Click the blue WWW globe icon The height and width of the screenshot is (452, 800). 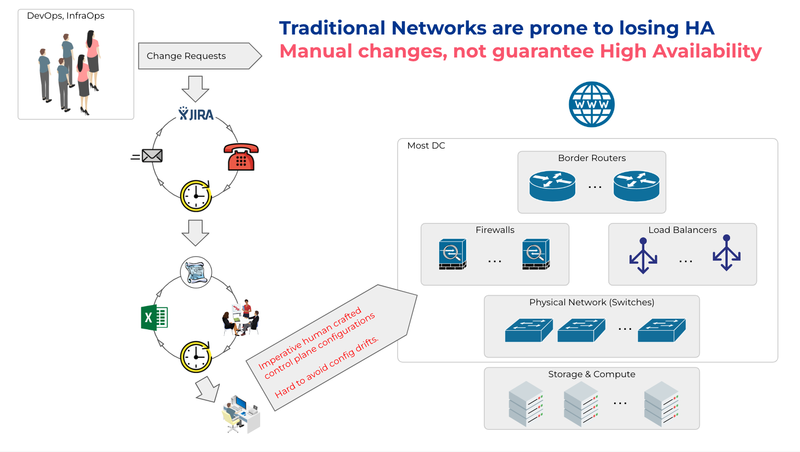pyautogui.click(x=592, y=104)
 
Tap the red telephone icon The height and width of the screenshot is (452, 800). pyautogui.click(x=241, y=157)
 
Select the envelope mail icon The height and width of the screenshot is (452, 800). pyautogui.click(x=152, y=156)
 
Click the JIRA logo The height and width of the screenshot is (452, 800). pyautogui.click(x=196, y=114)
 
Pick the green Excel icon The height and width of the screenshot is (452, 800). pyautogui.click(x=154, y=317)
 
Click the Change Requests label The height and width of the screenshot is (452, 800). pyautogui.click(x=186, y=56)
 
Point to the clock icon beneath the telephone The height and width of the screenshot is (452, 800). pyautogui.click(x=196, y=196)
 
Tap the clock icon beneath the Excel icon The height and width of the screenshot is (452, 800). pyautogui.click(x=196, y=357)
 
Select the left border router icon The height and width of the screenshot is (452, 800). pyautogui.click(x=552, y=186)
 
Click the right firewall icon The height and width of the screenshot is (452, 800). pyautogui.click(x=536, y=254)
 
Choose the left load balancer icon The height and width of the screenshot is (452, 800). pyautogui.click(x=643, y=256)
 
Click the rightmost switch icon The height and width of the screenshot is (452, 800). pyautogui.click(x=662, y=330)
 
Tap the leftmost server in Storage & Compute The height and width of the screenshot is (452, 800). pyautogui.click(x=526, y=404)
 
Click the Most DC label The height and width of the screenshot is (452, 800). pyautogui.click(x=426, y=146)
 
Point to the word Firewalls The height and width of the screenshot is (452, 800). pyautogui.click(x=495, y=230)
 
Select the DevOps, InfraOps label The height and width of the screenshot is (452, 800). pyautogui.click(x=66, y=16)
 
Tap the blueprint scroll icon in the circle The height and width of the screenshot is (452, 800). pyautogui.click(x=196, y=272)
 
